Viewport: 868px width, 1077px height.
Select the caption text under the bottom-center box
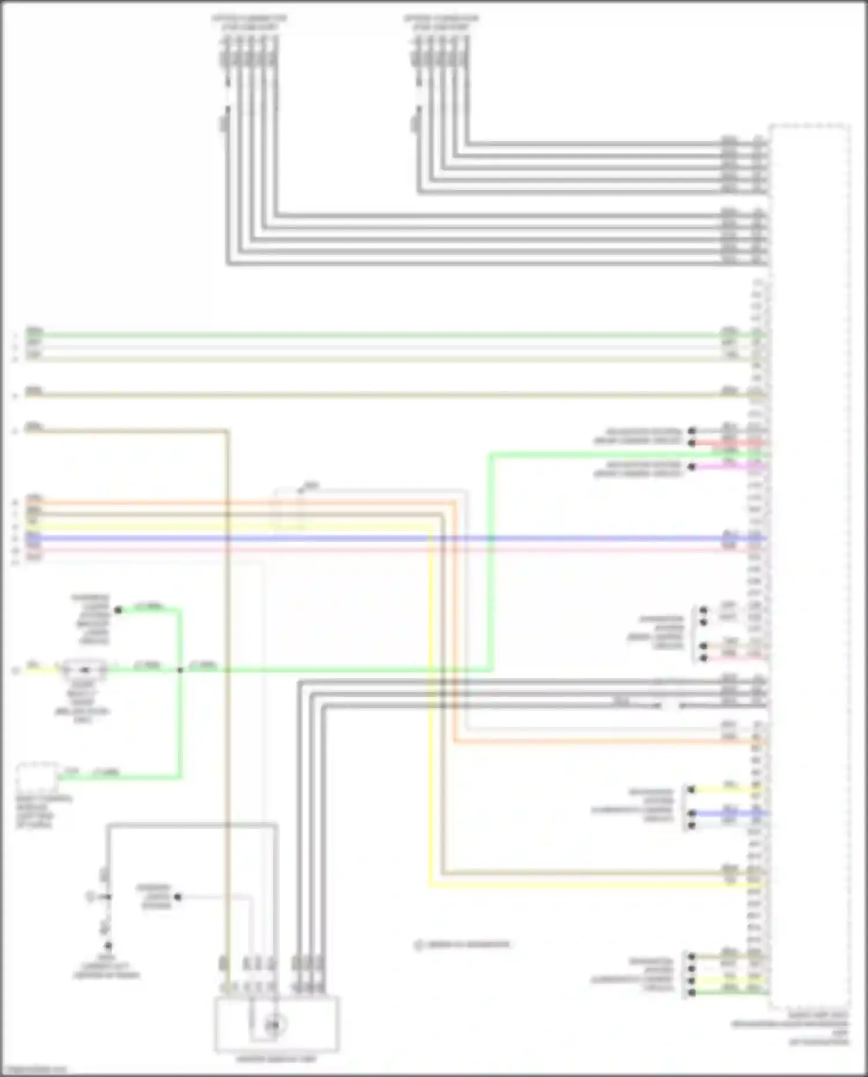tap(277, 1059)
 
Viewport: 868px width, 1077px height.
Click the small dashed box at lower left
tap(36, 778)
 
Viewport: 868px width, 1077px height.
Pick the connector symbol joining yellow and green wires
tap(85, 670)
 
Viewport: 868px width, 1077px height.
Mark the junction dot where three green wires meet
tap(180, 670)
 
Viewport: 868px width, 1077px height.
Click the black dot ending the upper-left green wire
tap(118, 610)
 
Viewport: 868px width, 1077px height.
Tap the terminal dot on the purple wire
tap(692, 466)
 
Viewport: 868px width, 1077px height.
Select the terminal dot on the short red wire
tap(692, 443)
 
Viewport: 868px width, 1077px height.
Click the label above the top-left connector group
tap(249, 23)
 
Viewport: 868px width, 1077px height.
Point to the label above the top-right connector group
tap(441, 23)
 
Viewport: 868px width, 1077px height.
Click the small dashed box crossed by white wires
tap(289, 509)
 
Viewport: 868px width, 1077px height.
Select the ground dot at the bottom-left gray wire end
tap(108, 946)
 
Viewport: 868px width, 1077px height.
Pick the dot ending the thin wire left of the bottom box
tap(178, 897)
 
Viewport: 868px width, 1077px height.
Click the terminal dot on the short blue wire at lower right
tap(691, 814)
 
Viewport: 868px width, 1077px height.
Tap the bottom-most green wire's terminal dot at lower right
tap(691, 993)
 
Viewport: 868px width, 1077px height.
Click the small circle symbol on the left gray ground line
tap(91, 897)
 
